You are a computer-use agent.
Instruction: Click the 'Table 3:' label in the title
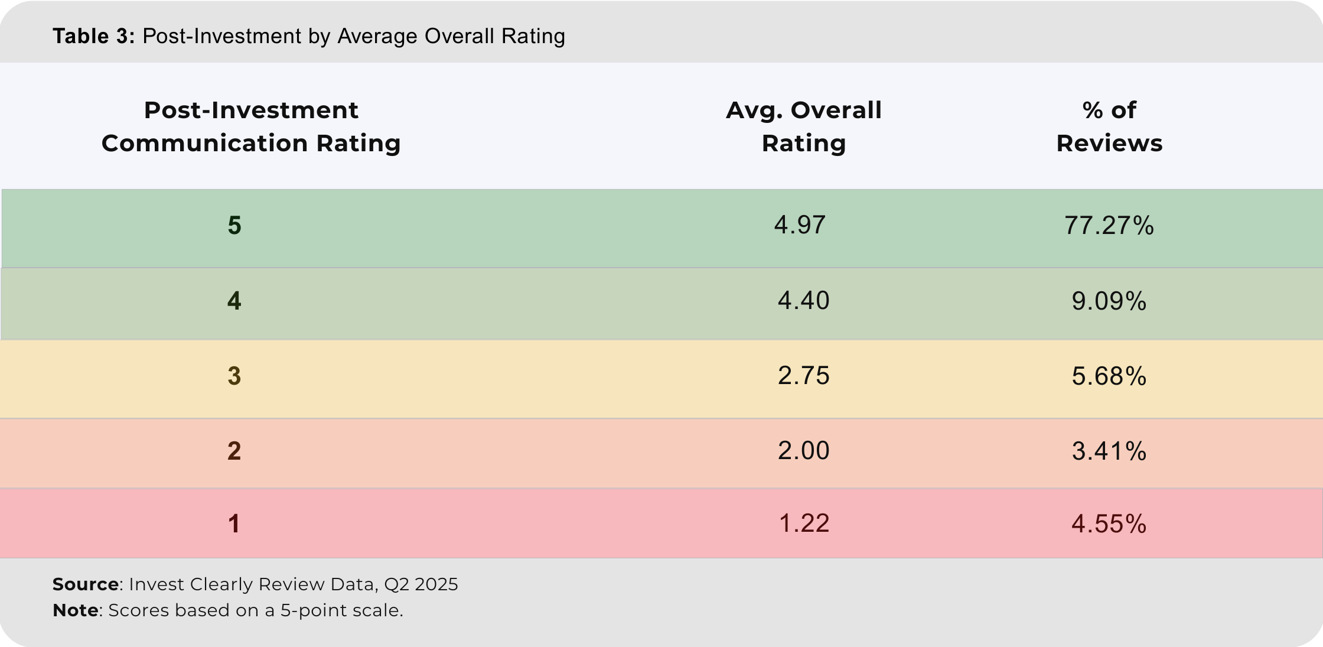(93, 37)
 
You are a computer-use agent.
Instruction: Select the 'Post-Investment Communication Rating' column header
(251, 126)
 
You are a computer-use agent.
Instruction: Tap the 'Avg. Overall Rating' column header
(803, 126)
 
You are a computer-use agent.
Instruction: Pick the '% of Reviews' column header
(1109, 126)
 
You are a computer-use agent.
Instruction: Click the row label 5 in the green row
(234, 226)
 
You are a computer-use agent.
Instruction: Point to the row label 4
(234, 301)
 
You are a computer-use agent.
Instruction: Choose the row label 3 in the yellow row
(234, 376)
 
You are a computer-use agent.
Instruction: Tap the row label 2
(234, 451)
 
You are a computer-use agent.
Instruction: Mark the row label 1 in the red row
(234, 524)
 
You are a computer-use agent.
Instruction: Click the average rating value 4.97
(800, 225)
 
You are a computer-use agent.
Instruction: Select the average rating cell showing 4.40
(803, 301)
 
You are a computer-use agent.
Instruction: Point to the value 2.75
(803, 376)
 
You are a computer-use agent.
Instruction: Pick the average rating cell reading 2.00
(803, 451)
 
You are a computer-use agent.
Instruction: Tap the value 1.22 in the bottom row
(804, 524)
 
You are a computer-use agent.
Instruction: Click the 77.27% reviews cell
(1109, 226)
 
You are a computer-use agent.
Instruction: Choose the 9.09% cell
(1109, 301)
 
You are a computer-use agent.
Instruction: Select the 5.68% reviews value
(1109, 376)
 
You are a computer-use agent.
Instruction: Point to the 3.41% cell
(1109, 451)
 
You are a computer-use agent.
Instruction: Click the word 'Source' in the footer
(86, 584)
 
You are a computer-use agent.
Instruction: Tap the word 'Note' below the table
(76, 610)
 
